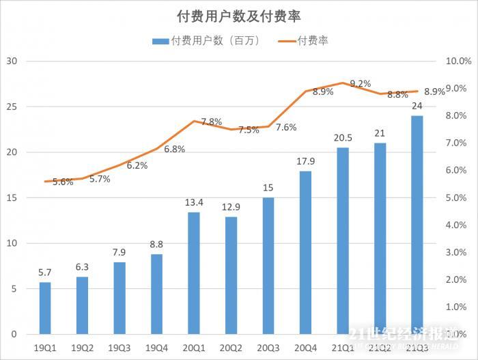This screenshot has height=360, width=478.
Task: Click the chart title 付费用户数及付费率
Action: pyautogui.click(x=239, y=16)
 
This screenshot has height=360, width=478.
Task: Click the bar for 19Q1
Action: pyautogui.click(x=45, y=308)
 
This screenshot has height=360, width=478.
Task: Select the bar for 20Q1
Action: pyautogui.click(x=194, y=273)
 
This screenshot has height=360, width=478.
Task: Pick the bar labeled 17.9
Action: pyautogui.click(x=305, y=253)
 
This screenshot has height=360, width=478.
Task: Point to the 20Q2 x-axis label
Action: pyautogui.click(x=231, y=348)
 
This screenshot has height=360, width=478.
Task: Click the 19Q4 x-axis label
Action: pyautogui.click(x=156, y=348)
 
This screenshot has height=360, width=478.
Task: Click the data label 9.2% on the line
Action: pyautogui.click(x=360, y=83)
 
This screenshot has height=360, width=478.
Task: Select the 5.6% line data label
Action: pyautogui.click(x=62, y=182)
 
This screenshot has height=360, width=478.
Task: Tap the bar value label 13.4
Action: pyautogui.click(x=194, y=202)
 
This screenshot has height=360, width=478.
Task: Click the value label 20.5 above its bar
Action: pyautogui.click(x=342, y=137)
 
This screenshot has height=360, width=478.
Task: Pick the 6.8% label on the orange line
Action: pyautogui.click(x=174, y=149)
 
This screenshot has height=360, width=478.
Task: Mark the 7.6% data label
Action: pyautogui.click(x=285, y=127)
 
